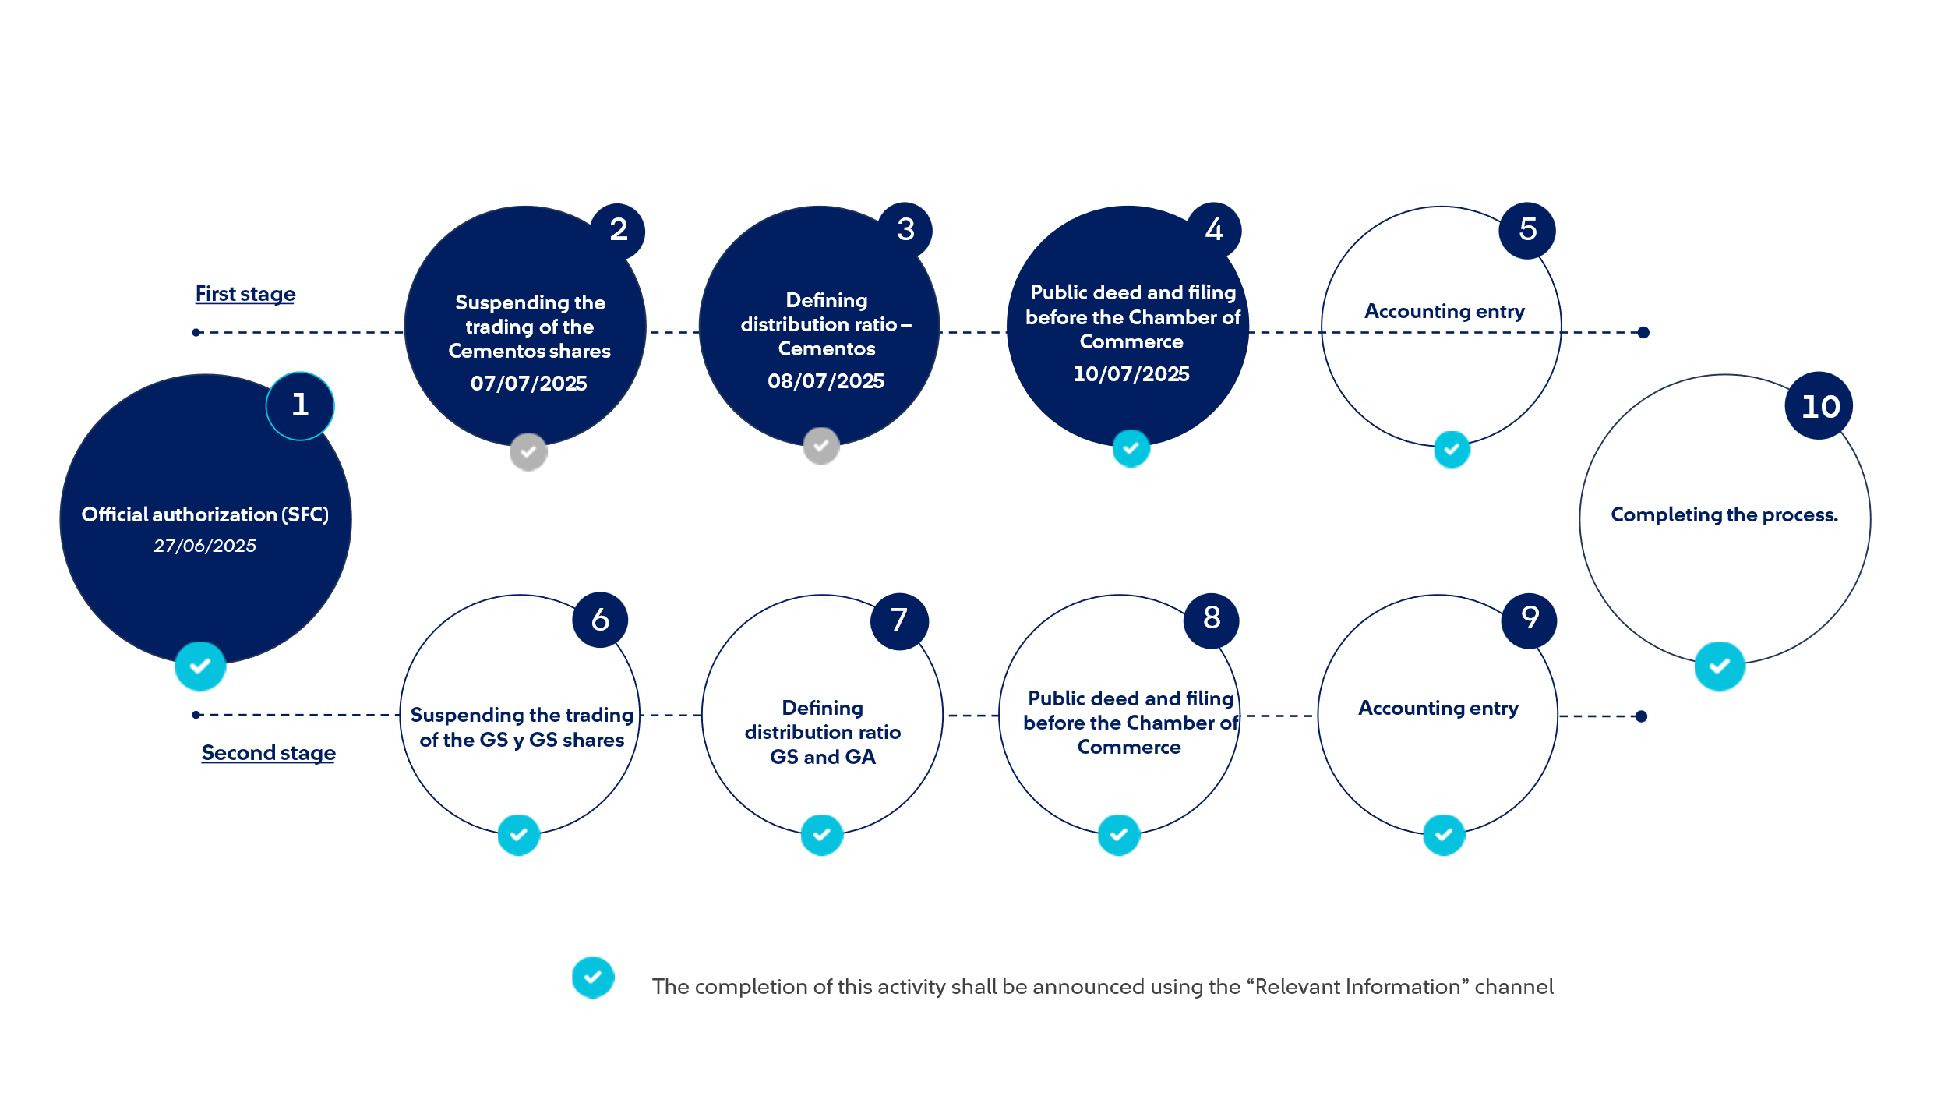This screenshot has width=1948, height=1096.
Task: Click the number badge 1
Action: point(300,406)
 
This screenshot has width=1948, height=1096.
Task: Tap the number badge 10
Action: point(1819,406)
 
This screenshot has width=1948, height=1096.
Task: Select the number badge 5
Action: point(1527,231)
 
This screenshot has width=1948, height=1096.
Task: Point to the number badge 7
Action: point(899,621)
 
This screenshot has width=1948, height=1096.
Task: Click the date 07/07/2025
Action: point(528,384)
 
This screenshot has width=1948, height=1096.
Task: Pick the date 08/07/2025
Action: point(826,381)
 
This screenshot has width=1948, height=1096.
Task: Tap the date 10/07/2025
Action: point(1131,374)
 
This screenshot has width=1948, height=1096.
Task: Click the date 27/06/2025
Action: point(205,546)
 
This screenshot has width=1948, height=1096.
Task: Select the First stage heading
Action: point(245,294)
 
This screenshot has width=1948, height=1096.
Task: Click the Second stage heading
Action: point(269,753)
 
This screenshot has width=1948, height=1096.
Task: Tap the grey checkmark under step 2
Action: point(528,452)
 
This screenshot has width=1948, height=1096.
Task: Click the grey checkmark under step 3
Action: point(821,447)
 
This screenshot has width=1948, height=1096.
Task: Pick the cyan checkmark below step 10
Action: point(1720,666)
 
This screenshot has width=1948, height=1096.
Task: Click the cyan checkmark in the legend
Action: point(593,978)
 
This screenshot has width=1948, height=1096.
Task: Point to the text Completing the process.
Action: point(1724,515)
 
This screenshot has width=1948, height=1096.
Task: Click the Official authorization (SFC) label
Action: point(205,515)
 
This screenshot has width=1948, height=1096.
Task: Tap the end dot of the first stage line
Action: point(1643,333)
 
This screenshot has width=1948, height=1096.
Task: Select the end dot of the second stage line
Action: point(1641,716)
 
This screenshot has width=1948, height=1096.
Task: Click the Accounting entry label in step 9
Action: point(1438,709)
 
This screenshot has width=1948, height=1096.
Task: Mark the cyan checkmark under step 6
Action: point(519,835)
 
